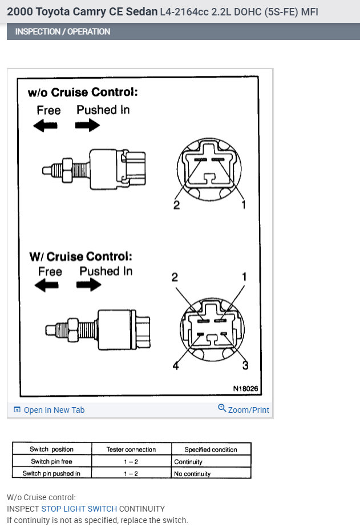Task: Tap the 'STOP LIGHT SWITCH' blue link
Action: [x=79, y=509]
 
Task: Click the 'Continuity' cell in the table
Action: [x=188, y=461]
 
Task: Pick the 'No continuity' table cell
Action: [x=192, y=473]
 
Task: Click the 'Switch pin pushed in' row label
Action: [x=51, y=473]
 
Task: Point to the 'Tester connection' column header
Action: [x=131, y=449]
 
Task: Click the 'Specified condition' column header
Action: [x=211, y=449]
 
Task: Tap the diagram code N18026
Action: [x=245, y=389]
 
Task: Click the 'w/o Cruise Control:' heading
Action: [x=83, y=92]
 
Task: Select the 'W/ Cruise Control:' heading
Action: [x=80, y=256]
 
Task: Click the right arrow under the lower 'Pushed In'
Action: [x=88, y=286]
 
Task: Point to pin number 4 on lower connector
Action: [x=176, y=366]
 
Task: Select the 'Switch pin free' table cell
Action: [x=51, y=461]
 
